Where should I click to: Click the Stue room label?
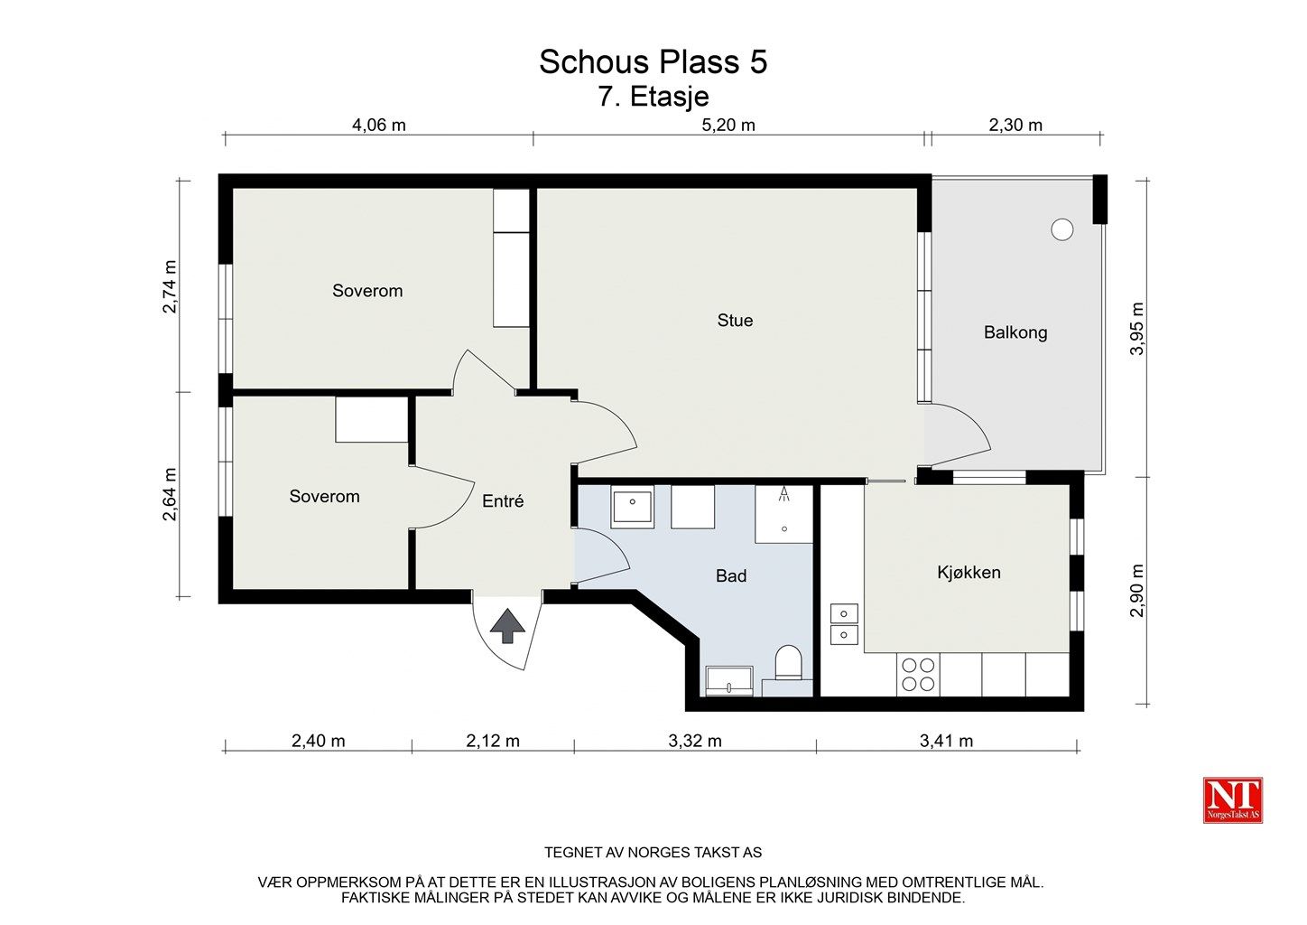pos(735,320)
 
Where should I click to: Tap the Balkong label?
pos(1015,332)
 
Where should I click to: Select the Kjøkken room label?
pos(969,573)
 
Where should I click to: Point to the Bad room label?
pos(731,575)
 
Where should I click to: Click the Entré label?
pos(503,501)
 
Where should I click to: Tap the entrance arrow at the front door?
pos(507,626)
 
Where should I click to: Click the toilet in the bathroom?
pos(788,663)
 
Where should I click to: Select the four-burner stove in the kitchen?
pos(918,675)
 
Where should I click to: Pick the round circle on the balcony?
pos(1061,229)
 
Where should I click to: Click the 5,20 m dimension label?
pos(728,125)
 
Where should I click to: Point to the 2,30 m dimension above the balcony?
pos(1015,125)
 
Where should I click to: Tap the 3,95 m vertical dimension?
pos(1137,328)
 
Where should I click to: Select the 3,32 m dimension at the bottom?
pos(694,741)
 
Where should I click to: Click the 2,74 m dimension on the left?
pos(169,286)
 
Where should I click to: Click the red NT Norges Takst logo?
pos(1232,800)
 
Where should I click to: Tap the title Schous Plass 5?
pos(653,61)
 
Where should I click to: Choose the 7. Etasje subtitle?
pos(653,97)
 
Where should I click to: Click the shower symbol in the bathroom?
pos(784,495)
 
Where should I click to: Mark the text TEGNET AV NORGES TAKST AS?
pos(653,853)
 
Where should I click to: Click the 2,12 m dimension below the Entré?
pos(493,741)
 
